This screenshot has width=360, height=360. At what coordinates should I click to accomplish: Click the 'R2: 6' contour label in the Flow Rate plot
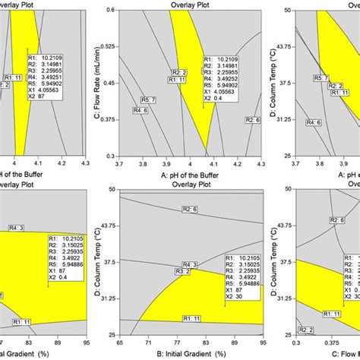pos(252,120)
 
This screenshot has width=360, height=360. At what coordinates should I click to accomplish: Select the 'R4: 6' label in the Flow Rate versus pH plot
pos(140,111)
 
